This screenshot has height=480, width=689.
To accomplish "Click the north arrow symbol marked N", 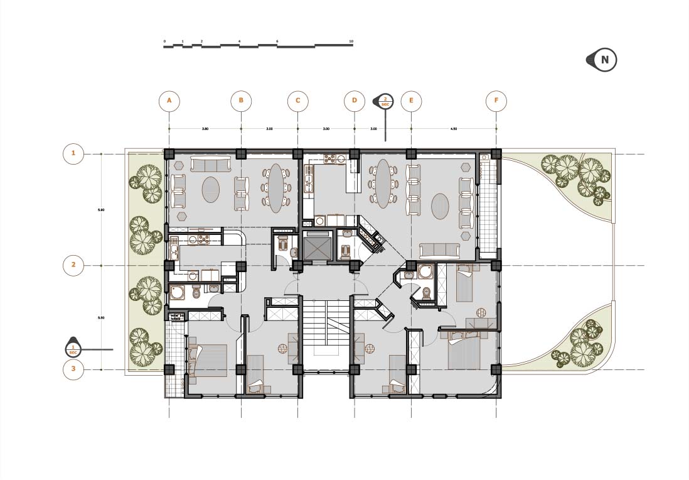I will point(604,60).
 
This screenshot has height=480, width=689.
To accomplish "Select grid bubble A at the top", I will point(169,101).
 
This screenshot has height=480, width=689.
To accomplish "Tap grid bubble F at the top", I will point(496,101).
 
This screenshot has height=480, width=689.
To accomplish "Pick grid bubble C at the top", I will point(297,101).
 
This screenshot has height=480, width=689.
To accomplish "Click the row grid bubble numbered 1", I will point(73,153).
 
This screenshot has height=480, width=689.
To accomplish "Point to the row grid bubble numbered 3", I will point(73,369).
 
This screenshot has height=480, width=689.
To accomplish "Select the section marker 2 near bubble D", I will point(385,101).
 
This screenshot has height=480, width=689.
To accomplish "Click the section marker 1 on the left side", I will point(73,347).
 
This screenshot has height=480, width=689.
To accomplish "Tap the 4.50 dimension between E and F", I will point(454,129).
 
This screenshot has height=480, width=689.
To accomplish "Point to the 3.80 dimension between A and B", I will point(205,129).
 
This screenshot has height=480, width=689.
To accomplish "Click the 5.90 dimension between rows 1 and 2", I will point(101,209).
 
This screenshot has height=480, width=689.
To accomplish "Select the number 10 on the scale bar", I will point(351,41).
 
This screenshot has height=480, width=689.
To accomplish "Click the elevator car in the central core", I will point(315,245).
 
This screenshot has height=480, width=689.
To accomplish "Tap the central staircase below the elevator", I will point(326,333).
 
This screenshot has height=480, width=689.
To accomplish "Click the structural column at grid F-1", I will point(496,154).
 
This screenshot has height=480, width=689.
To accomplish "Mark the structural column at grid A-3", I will point(169,369).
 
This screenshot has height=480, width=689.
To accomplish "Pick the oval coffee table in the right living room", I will point(441,205).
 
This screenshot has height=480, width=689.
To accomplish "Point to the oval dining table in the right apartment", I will point(382,183).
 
